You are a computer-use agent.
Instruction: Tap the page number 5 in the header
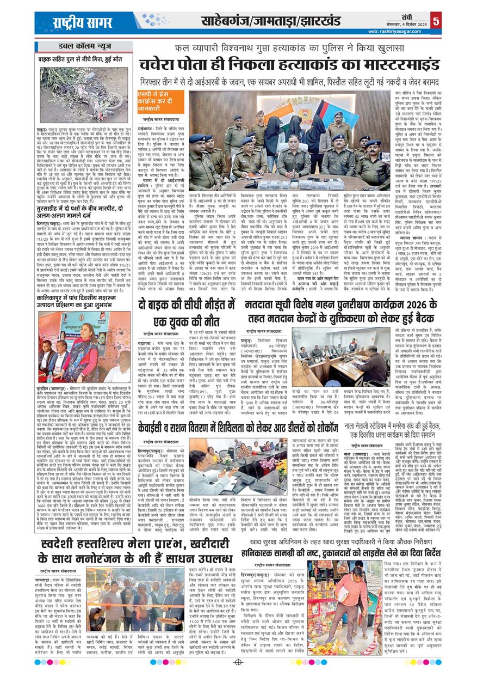tap(436, 21)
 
